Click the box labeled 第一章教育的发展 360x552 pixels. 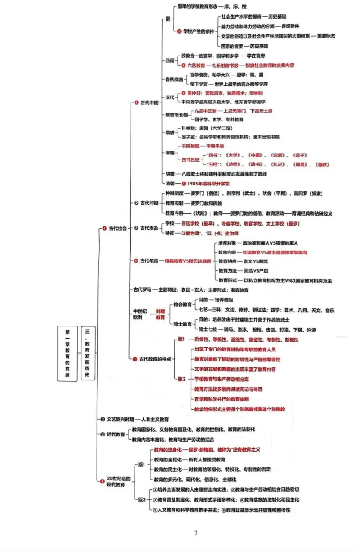[x=67, y=353]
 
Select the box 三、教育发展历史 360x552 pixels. [x=88, y=353]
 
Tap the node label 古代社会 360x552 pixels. [x=117, y=229]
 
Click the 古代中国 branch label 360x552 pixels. [x=150, y=103]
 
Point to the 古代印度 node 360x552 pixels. [x=150, y=203]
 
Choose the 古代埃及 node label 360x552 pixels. [x=150, y=228]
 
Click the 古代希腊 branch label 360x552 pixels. [x=150, y=261]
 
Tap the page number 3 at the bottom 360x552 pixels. [x=196, y=533]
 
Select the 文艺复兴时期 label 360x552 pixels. [x=120, y=419]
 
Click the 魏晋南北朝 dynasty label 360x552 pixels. [x=176, y=115]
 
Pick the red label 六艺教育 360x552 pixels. [x=196, y=65]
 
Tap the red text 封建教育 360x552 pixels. [x=160, y=314]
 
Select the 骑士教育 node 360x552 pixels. [x=182, y=324]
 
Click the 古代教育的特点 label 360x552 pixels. [x=155, y=358]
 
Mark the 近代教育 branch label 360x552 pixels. [x=116, y=434]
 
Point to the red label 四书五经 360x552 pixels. [x=191, y=160]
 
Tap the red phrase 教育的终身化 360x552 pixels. [x=167, y=449]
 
